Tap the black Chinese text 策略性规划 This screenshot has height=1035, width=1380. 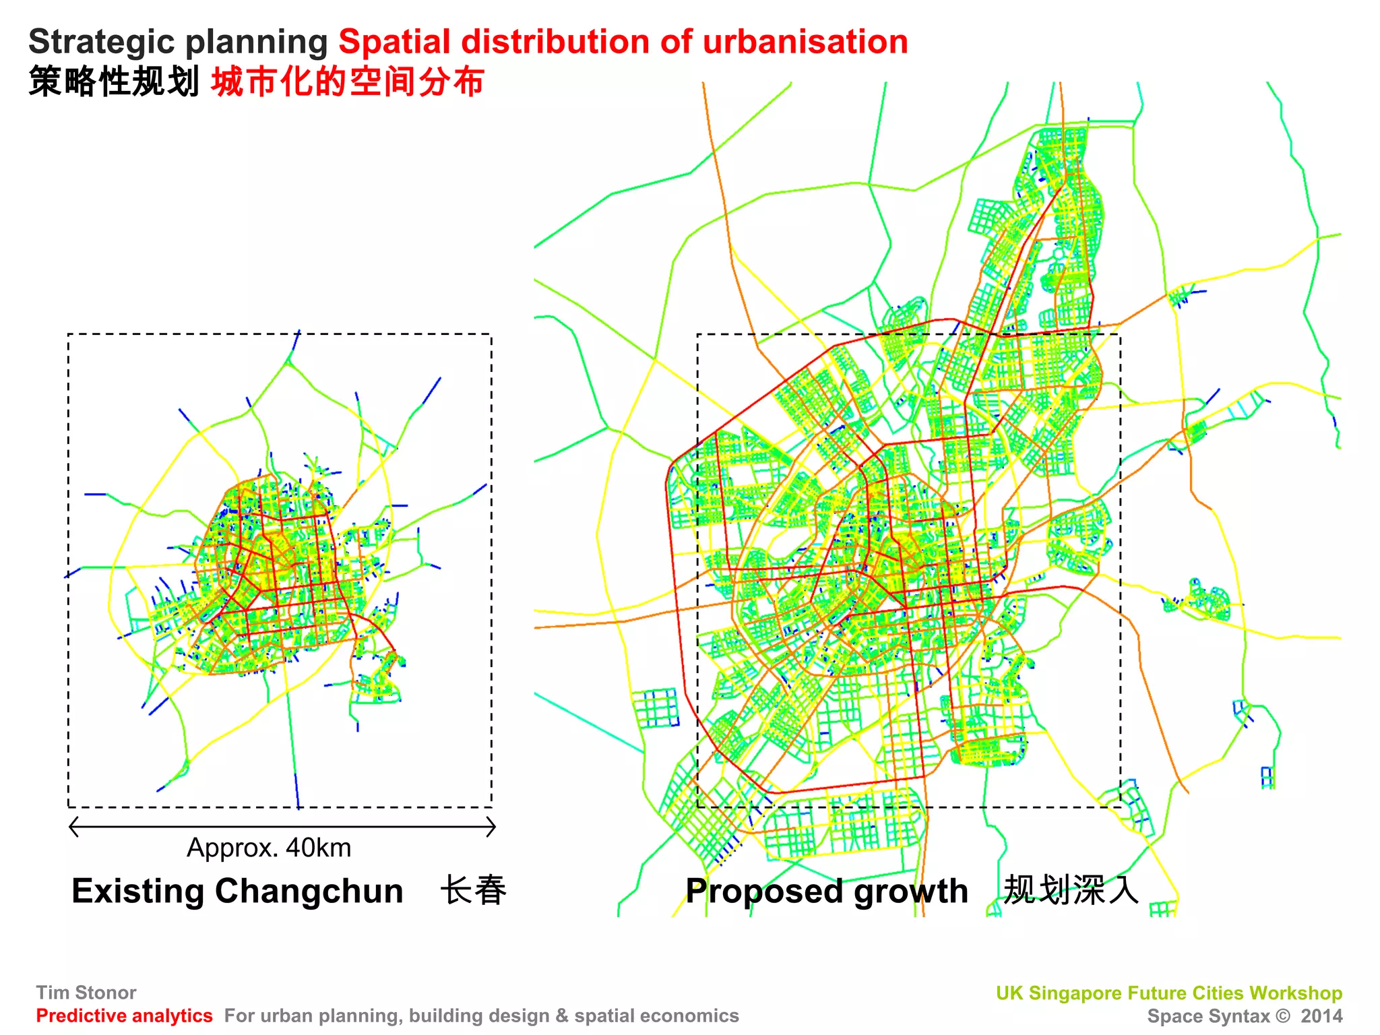tap(113, 82)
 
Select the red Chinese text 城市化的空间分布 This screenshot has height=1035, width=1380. tap(348, 82)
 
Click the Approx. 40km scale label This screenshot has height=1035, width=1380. tap(269, 848)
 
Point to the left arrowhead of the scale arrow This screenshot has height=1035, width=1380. tap(73, 827)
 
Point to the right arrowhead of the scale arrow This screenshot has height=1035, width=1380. tap(493, 827)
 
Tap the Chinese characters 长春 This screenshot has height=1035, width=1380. tap(473, 890)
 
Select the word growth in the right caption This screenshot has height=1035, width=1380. tap(910, 891)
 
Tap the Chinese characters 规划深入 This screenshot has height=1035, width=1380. tap(1071, 890)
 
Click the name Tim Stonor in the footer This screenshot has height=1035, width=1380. tap(86, 993)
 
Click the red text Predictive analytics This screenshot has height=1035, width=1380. tap(124, 1015)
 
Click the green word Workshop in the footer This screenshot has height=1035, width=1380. tap(1295, 993)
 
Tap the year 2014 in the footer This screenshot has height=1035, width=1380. tap(1321, 1016)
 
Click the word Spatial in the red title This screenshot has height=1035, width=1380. tap(394, 42)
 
